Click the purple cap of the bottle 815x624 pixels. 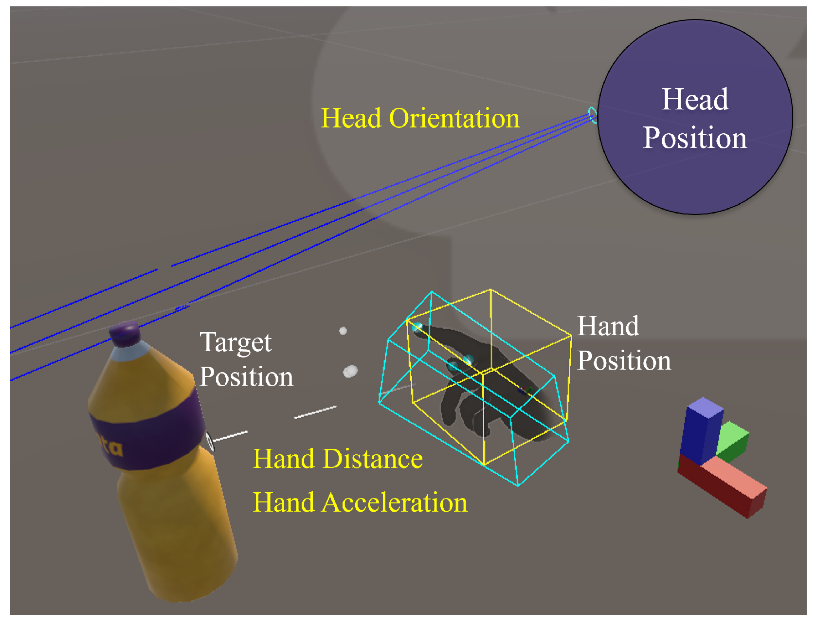pyautogui.click(x=126, y=334)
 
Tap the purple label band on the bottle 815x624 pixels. pyautogui.click(x=146, y=428)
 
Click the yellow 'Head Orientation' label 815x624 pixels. pyautogui.click(x=420, y=118)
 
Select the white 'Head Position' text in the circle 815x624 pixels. pyautogui.click(x=695, y=118)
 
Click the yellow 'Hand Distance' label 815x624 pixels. pyautogui.click(x=338, y=459)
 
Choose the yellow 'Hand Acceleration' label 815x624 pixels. pyautogui.click(x=360, y=502)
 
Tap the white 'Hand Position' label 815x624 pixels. pyautogui.click(x=624, y=343)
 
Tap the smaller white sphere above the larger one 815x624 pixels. pyautogui.click(x=343, y=331)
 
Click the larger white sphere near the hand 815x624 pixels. pyautogui.click(x=350, y=372)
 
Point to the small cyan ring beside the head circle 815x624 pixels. pyautogui.click(x=593, y=115)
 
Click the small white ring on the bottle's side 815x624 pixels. pyautogui.click(x=210, y=441)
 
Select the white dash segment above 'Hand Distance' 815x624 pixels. pyautogui.click(x=315, y=412)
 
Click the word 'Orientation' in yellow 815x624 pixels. pyautogui.click(x=454, y=118)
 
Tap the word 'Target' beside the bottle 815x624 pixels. pyautogui.click(x=235, y=343)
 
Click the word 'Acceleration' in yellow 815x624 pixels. pyautogui.click(x=395, y=502)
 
